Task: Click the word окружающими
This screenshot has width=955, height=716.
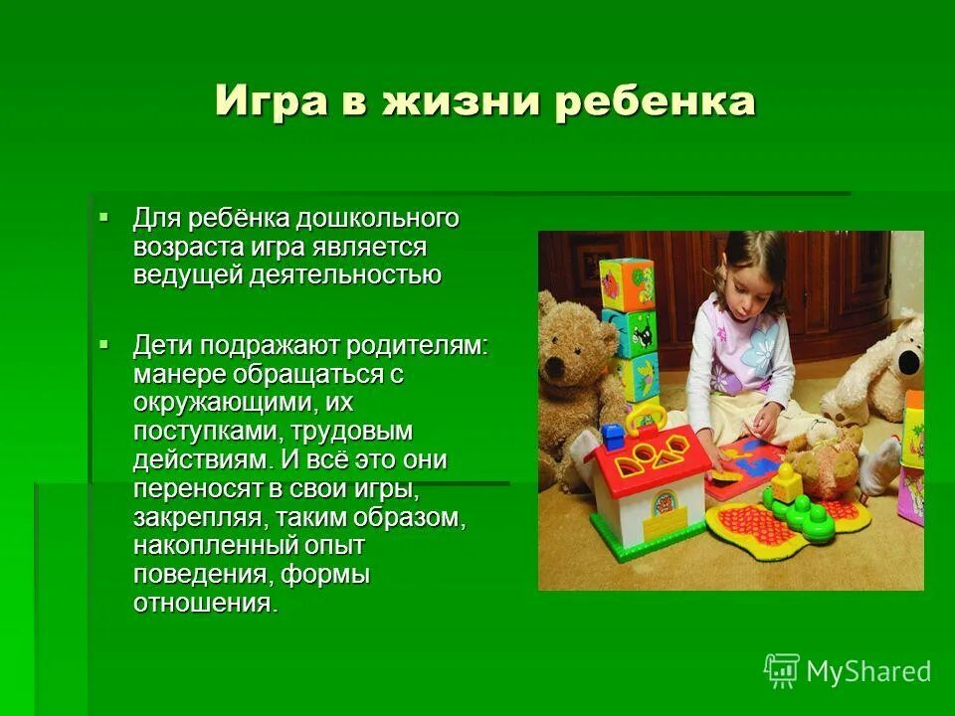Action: coord(219,404)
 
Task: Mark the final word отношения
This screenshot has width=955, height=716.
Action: coord(204,604)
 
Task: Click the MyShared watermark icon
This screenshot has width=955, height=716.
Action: coord(782,671)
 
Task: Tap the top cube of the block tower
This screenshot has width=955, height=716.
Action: coord(627,284)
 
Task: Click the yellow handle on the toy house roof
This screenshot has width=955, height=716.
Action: coord(646,418)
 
